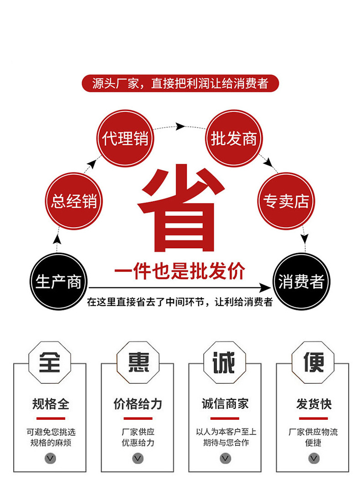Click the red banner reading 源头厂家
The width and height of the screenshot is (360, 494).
pyautogui.click(x=180, y=84)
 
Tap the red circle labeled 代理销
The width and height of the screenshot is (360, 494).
pyautogui.click(x=125, y=138)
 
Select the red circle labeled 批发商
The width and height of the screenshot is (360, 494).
pyautogui.click(x=234, y=138)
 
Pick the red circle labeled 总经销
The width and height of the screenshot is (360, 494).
pyautogui.click(x=74, y=201)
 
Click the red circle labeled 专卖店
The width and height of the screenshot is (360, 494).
pyautogui.click(x=286, y=201)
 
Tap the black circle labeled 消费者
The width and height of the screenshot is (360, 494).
pyautogui.click(x=301, y=282)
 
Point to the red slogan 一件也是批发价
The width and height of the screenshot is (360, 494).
pyautogui.click(x=180, y=272)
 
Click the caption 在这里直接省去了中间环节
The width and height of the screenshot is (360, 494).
pyautogui.click(x=180, y=302)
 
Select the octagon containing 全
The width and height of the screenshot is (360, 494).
pyautogui.click(x=50, y=362)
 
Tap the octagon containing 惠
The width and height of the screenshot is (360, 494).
pyautogui.click(x=138, y=362)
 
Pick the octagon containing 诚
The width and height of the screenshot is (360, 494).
pyautogui.click(x=225, y=362)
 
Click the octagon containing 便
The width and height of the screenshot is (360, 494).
pyautogui.click(x=313, y=362)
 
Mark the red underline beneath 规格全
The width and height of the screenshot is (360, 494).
pyautogui.click(x=50, y=418)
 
